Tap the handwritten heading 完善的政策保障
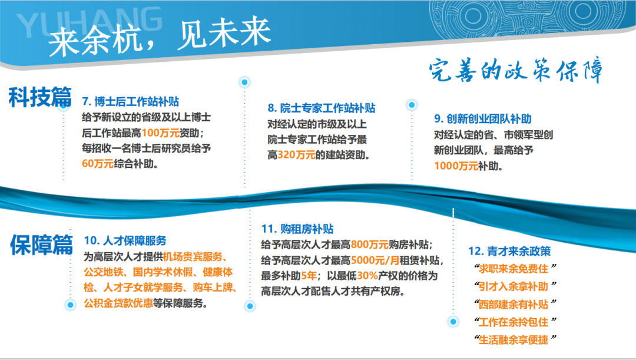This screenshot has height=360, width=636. tap(516, 72)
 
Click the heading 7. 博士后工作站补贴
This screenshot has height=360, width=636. tap(131, 101)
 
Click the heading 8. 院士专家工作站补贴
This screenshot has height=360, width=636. tap(321, 108)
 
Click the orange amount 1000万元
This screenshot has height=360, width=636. tap(456, 166)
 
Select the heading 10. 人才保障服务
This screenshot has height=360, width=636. tap(125, 240)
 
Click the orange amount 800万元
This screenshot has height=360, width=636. tap(369, 245)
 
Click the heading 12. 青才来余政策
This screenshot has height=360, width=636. tap(509, 251)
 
